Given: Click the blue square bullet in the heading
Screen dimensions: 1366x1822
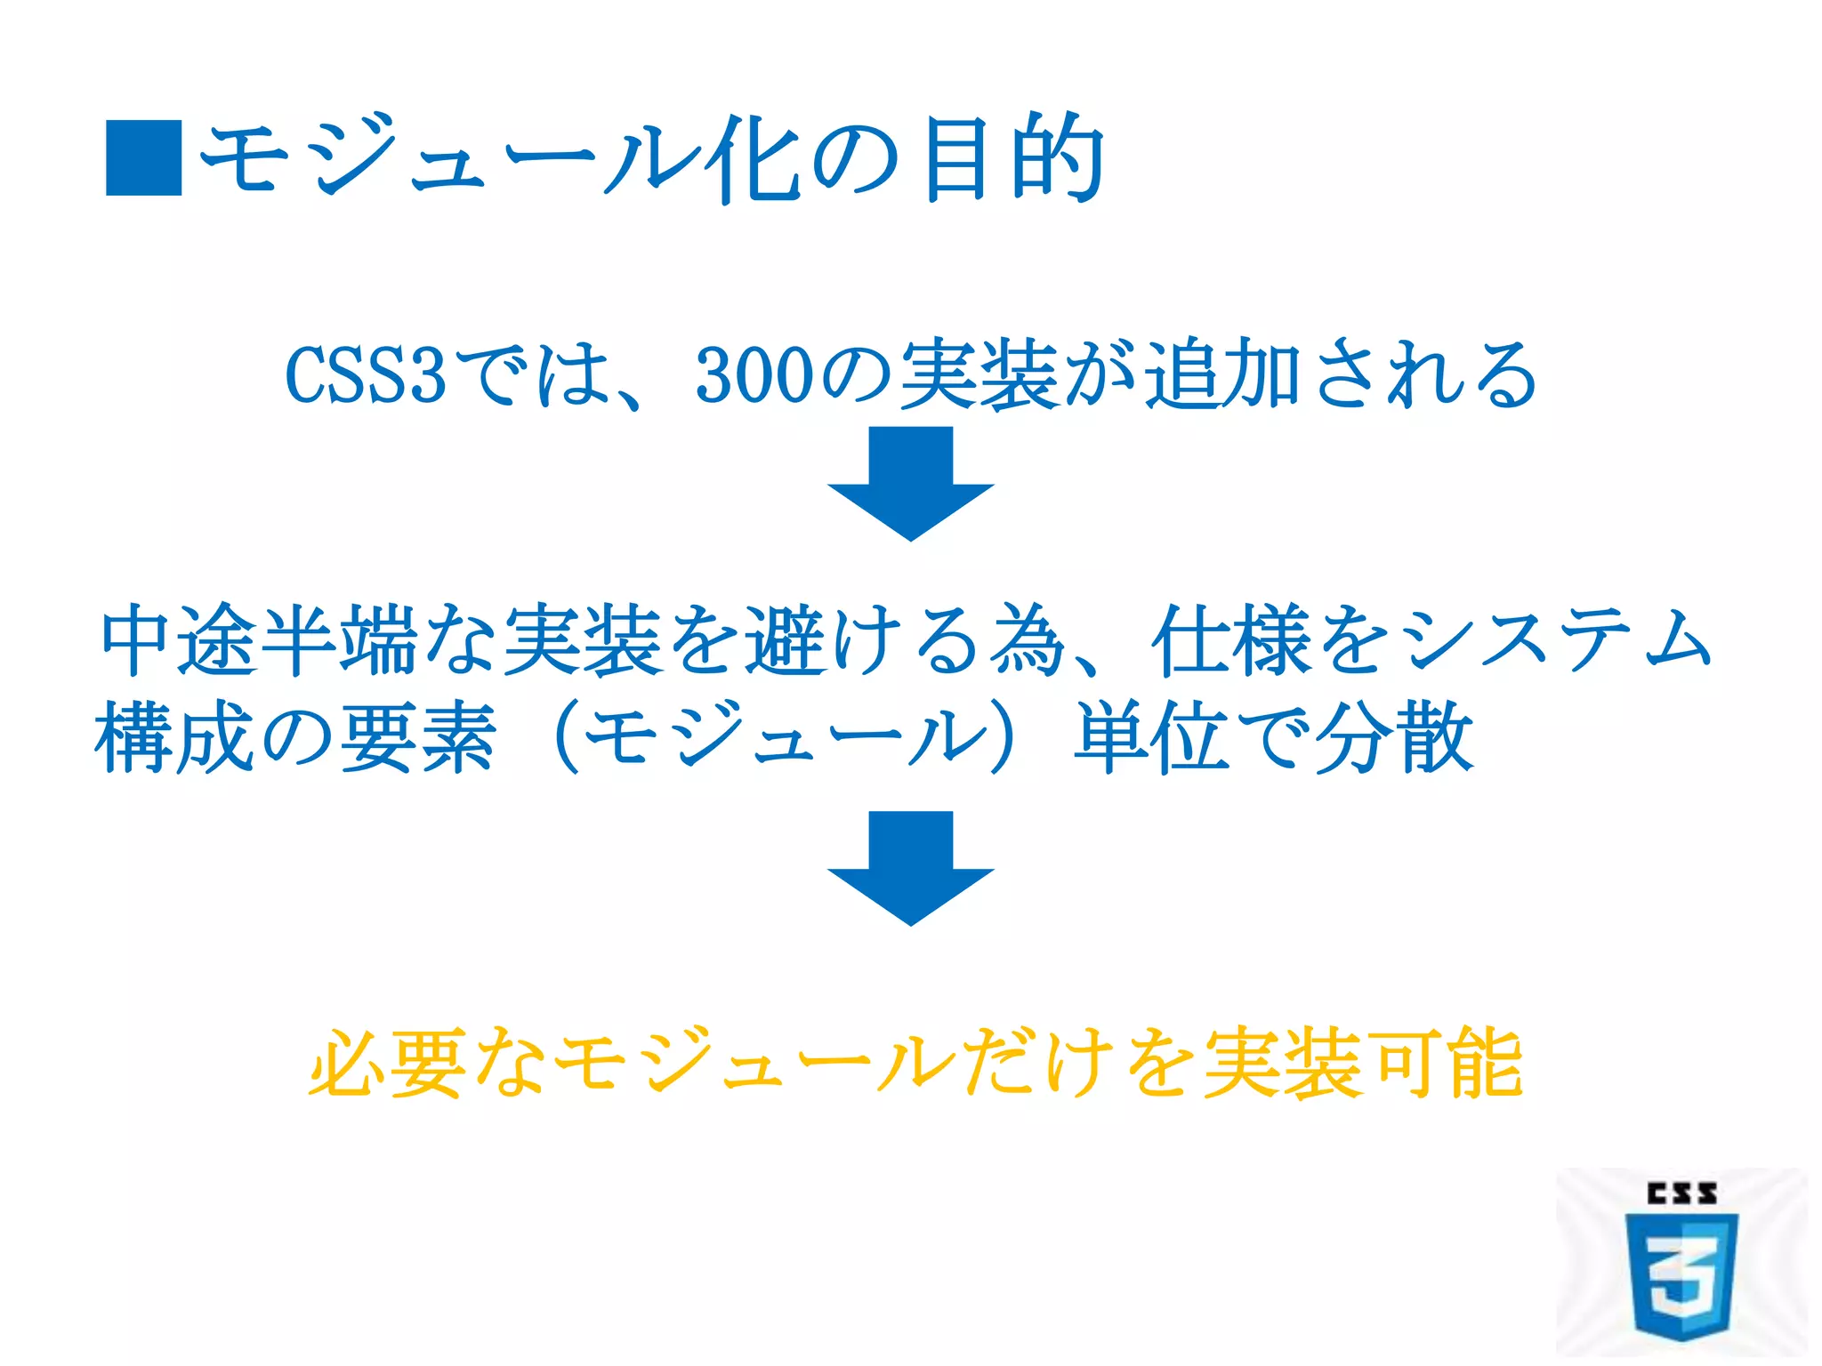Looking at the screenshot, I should tap(143, 157).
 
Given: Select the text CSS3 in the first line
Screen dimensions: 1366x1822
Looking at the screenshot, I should tap(365, 375).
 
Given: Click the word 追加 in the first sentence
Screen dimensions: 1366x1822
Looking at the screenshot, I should tap(1223, 375).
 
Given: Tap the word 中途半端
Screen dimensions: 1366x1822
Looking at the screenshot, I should tap(258, 639).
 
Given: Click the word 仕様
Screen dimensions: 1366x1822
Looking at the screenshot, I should tap(1231, 639).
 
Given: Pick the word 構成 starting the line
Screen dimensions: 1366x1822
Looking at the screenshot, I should tap(174, 736).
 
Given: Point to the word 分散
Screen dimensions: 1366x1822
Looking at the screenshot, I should tap(1392, 736).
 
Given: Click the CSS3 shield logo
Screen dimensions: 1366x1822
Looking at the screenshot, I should tap(1681, 1276).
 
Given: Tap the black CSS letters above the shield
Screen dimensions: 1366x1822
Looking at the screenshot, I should tap(1681, 1193).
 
